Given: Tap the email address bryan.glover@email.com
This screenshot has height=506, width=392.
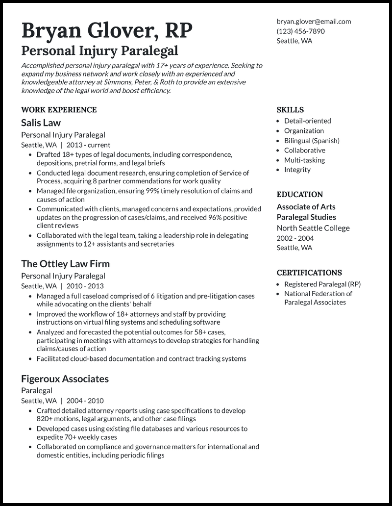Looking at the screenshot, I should (x=314, y=22).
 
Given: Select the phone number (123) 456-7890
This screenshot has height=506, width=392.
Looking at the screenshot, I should (x=300, y=31).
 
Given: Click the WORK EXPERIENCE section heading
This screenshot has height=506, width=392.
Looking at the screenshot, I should (x=59, y=110).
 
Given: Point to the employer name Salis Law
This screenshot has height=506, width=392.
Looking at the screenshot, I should (x=41, y=123).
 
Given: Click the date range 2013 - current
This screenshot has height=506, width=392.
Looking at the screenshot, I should (x=88, y=145).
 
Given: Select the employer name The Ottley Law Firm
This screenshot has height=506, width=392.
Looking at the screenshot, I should (x=65, y=264).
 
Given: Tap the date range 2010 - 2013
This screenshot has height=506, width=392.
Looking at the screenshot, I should (x=85, y=286).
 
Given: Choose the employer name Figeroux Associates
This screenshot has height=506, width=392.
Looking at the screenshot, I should (x=65, y=379).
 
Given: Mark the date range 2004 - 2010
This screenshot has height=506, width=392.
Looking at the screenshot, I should (x=85, y=401).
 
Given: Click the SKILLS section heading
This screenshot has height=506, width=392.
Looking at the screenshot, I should (x=290, y=110).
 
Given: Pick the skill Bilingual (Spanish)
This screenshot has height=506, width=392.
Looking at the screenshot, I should (x=312, y=141).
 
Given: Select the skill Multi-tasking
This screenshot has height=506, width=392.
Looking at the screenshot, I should (x=304, y=160).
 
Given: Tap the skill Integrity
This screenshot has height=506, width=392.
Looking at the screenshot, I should (x=297, y=170).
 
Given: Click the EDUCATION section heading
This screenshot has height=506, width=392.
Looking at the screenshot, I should (x=299, y=194).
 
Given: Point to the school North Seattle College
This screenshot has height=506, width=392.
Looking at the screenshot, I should (x=313, y=228).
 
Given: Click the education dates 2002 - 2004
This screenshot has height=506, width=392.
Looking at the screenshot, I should (x=295, y=238).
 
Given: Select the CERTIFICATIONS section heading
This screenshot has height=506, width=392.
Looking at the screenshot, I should (x=309, y=273).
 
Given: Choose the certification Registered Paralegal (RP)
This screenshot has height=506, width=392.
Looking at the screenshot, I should (x=322, y=284).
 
